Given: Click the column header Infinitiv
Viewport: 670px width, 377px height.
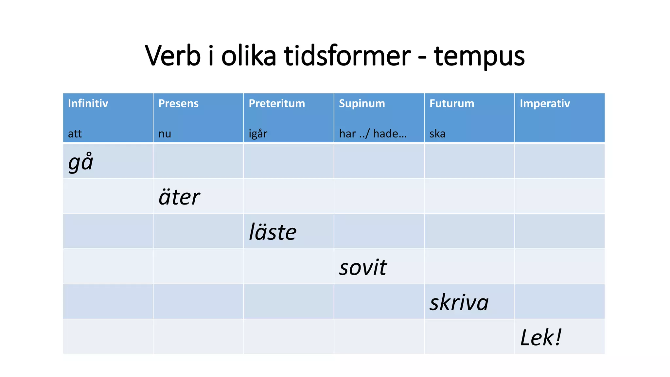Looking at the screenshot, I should click(x=88, y=103).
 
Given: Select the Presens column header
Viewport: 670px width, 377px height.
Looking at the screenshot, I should click(x=178, y=103).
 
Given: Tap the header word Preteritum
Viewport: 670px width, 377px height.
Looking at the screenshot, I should click(x=277, y=103).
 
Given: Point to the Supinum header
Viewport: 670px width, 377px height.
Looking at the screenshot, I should click(x=362, y=103).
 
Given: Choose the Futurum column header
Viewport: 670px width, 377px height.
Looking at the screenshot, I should click(x=451, y=103).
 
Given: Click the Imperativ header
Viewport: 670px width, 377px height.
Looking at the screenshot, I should click(x=545, y=103).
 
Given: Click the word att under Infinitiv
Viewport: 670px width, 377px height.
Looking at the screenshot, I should click(x=75, y=134).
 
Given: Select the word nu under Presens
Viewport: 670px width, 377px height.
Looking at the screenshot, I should click(x=165, y=134).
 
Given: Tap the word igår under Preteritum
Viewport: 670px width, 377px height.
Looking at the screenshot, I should click(x=258, y=134).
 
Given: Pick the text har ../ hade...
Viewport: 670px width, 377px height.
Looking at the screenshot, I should click(x=373, y=134).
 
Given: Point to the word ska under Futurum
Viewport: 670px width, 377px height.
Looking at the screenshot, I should click(x=437, y=134).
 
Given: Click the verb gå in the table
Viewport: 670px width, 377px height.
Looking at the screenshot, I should click(x=81, y=162).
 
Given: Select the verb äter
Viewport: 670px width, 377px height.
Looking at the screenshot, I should click(x=179, y=197).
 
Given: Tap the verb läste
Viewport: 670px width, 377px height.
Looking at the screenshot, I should click(x=273, y=232).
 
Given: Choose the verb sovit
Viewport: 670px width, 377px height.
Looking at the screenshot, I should click(x=363, y=267).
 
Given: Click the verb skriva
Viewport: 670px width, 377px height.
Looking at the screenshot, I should click(x=459, y=302).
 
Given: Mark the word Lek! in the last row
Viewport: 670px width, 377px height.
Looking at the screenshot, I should click(x=541, y=337).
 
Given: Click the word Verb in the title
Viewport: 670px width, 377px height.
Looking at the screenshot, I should click(x=172, y=56).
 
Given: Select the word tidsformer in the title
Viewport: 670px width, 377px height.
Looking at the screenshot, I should click(x=347, y=56).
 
